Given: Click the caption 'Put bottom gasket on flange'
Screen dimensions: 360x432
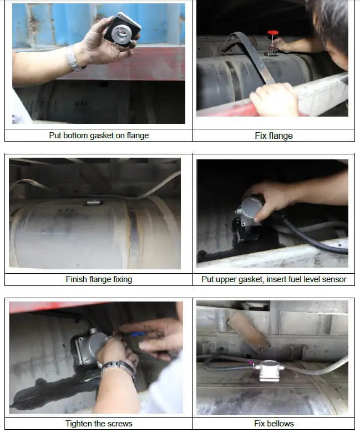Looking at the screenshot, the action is coord(99,135).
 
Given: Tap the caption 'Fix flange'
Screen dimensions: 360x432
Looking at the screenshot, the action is coord(273,135).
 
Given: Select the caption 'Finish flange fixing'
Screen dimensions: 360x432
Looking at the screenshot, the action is coord(99,279).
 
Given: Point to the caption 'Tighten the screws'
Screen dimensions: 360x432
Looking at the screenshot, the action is coord(99,424).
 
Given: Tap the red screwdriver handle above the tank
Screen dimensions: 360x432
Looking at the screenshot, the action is coord(272,33).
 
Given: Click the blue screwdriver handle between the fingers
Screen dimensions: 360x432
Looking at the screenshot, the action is coord(138,334).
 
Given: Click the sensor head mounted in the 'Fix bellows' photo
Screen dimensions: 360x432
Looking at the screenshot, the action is coord(270,370).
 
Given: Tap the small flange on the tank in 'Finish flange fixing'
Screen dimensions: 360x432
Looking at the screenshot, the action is coord(93,203).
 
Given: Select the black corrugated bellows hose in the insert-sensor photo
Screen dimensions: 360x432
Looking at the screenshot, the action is coord(314,239).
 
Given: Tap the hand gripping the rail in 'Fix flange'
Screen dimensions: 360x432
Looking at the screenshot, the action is coord(275,99).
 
